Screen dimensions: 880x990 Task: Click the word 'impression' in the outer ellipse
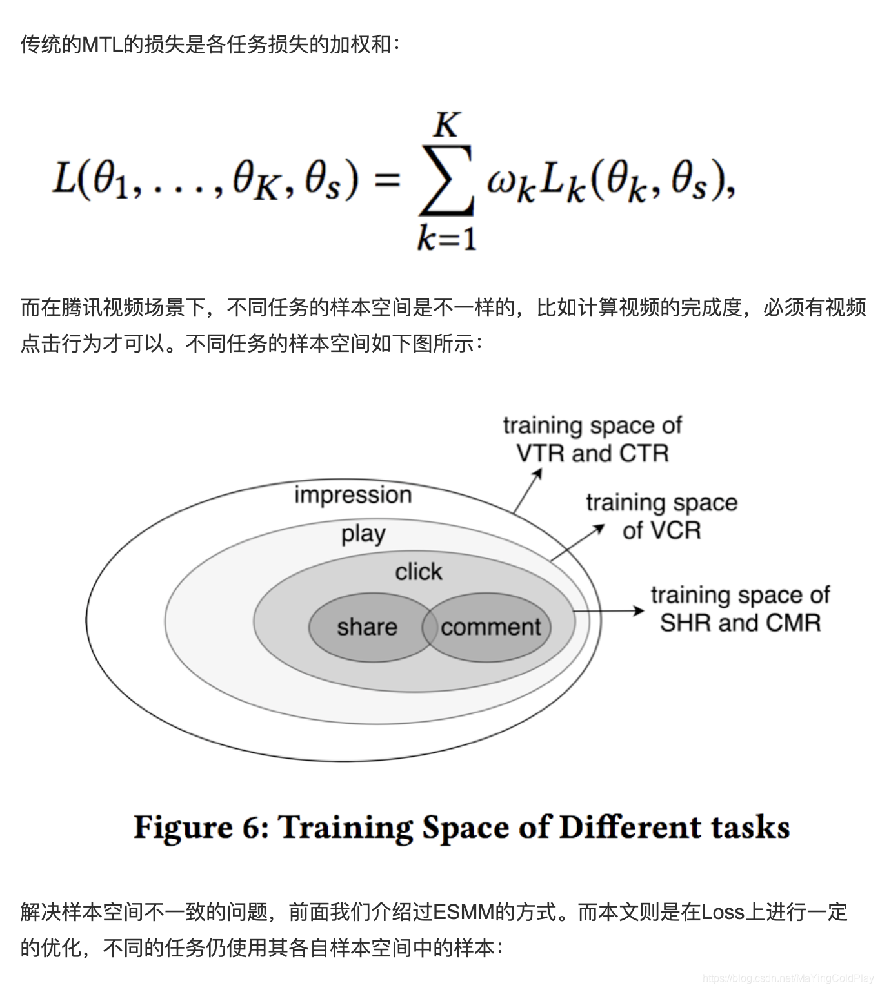coord(353,495)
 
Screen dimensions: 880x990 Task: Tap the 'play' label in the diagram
coord(363,534)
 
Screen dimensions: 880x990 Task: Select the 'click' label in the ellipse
coord(419,572)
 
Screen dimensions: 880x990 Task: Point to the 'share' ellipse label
coord(367,627)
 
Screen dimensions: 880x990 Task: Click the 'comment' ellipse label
coord(491,627)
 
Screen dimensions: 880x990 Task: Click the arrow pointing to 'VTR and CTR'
coord(527,491)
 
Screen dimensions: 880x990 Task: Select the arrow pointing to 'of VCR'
coord(577,543)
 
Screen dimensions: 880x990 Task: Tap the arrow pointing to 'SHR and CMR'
coord(608,611)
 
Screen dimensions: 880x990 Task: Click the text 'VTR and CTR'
coord(592,454)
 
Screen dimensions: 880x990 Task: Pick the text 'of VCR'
coord(661,530)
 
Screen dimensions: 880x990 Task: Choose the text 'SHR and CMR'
coord(740,623)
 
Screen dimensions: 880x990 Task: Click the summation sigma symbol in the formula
coord(447,180)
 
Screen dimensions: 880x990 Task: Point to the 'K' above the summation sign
coord(446,124)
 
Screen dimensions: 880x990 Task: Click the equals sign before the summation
coord(387,180)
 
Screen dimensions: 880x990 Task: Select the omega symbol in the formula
coord(502,182)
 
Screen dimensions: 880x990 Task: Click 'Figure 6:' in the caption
coord(201,827)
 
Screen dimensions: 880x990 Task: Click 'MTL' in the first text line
coord(103,44)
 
